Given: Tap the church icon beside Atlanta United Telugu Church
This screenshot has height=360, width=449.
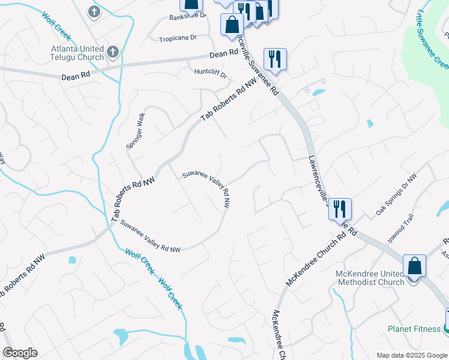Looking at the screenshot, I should pyautogui.click(x=112, y=52).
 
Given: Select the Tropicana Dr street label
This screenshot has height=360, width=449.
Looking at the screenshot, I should pyautogui.click(x=178, y=38).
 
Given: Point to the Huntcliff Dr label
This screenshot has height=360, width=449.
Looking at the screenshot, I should pyautogui.click(x=211, y=74).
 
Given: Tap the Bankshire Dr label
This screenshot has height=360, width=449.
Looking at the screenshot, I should pyautogui.click(x=187, y=14).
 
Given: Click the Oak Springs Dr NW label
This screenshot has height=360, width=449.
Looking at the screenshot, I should pyautogui.click(x=396, y=195).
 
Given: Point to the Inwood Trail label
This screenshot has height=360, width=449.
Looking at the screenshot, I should pyautogui.click(x=400, y=229).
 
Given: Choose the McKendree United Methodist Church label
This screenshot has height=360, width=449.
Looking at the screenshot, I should pyautogui.click(x=370, y=278).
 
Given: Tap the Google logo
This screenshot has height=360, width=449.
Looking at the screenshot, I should pyautogui.click(x=20, y=353).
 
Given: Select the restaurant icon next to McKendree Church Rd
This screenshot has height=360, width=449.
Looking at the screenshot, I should pyautogui.click(x=340, y=209).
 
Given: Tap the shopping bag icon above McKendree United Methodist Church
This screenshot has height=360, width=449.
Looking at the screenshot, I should pyautogui.click(x=414, y=265).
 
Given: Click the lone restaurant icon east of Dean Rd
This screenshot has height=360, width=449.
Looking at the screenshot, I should pyautogui.click(x=275, y=59).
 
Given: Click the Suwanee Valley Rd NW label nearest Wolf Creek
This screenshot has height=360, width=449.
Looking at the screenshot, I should pyautogui.click(x=150, y=236).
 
